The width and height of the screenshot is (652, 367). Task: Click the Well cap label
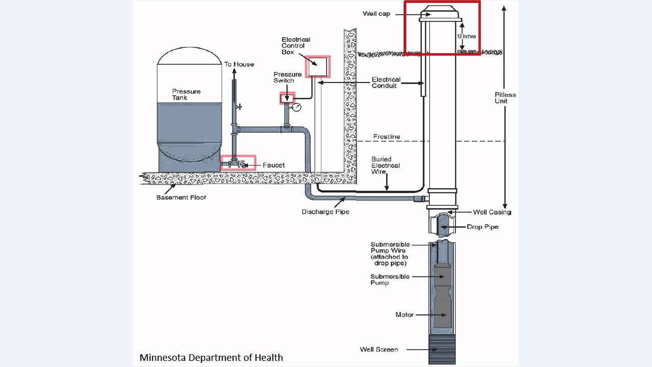coord(376,14)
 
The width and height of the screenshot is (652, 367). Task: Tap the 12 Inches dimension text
coord(466,36)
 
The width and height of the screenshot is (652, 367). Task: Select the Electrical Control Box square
coord(317,66)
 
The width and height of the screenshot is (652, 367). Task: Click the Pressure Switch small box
coord(287,97)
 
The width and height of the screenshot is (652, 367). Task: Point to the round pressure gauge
coord(296,107)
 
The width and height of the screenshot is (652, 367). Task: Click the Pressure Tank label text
coord(186,94)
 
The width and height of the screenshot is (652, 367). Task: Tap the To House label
coord(239,64)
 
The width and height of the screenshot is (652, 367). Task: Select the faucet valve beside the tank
coord(237,164)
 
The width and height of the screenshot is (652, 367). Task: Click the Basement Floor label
coord(181,197)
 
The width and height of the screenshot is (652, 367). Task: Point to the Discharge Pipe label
coord(325,212)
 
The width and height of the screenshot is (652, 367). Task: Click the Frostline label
coord(387,137)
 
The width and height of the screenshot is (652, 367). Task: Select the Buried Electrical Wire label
coord(386,165)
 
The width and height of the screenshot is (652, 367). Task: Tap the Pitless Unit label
coord(505,98)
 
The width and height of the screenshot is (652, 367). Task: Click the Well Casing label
coord(492,212)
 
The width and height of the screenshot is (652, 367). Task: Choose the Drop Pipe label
coord(482,227)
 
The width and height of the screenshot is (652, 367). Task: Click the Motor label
coord(404,314)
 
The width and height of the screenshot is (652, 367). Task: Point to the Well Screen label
coord(379,349)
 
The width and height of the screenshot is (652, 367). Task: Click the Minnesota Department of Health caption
coord(211,357)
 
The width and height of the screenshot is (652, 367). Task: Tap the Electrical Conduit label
coord(386,83)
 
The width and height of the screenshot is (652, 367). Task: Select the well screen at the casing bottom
coord(442,349)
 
